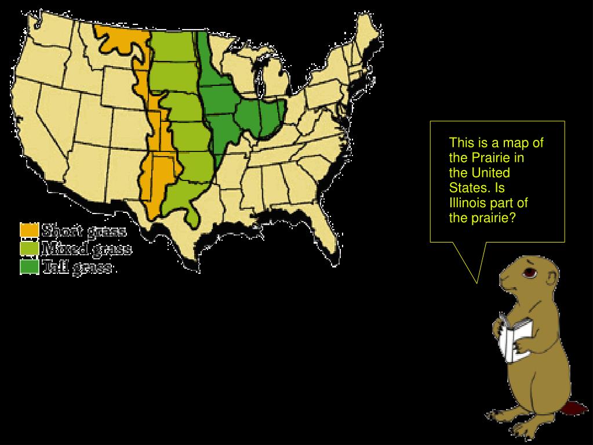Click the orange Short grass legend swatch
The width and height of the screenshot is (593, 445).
click(x=30, y=230)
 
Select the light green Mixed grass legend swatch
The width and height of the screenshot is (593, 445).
click(x=30, y=248)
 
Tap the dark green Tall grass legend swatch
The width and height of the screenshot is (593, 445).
click(x=30, y=266)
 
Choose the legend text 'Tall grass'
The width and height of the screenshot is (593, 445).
click(x=77, y=267)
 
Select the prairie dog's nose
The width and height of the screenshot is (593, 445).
click(x=503, y=277)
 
